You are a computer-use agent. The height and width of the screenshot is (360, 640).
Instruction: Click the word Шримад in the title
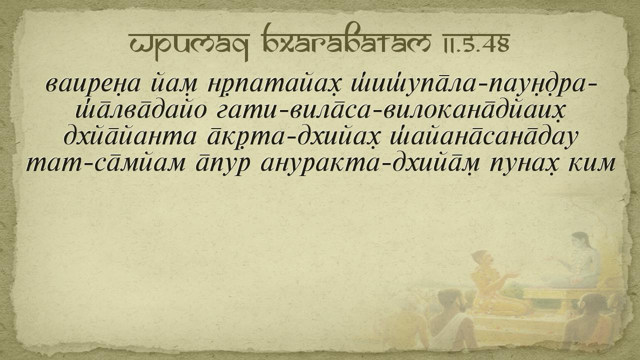(x=189, y=45)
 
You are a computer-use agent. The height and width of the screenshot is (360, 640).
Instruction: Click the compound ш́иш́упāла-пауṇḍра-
(x=473, y=83)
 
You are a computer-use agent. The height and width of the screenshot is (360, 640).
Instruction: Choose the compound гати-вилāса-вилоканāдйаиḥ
(x=390, y=109)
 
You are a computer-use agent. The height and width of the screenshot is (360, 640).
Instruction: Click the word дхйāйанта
(x=129, y=136)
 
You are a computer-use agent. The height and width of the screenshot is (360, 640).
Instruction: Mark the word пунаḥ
(x=523, y=165)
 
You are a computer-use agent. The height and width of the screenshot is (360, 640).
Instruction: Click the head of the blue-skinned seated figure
(x=580, y=241)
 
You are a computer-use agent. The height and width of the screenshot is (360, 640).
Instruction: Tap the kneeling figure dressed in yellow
(x=491, y=283)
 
